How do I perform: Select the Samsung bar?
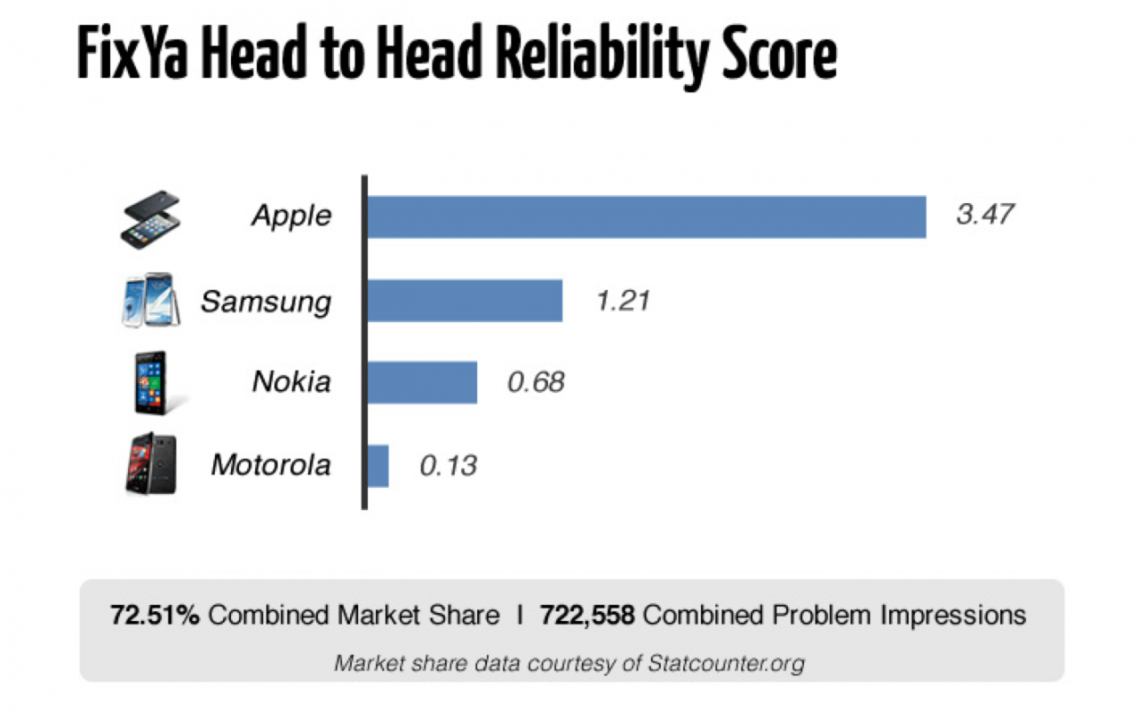(x=465, y=300)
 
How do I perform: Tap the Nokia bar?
(x=422, y=382)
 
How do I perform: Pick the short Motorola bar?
(x=378, y=465)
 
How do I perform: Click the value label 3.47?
(x=985, y=215)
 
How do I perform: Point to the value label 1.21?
(x=622, y=300)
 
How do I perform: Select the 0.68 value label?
(x=535, y=382)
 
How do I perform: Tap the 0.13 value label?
(x=448, y=465)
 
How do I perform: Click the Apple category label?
(x=291, y=216)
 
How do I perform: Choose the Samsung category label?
(x=265, y=301)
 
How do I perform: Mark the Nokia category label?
(x=291, y=382)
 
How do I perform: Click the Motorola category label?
(x=270, y=465)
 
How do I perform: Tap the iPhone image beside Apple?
(x=150, y=219)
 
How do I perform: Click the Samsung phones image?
(x=150, y=300)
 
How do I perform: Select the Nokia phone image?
(x=150, y=382)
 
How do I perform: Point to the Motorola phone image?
(x=150, y=464)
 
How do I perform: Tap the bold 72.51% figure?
(x=154, y=616)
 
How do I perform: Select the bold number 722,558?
(x=587, y=616)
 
